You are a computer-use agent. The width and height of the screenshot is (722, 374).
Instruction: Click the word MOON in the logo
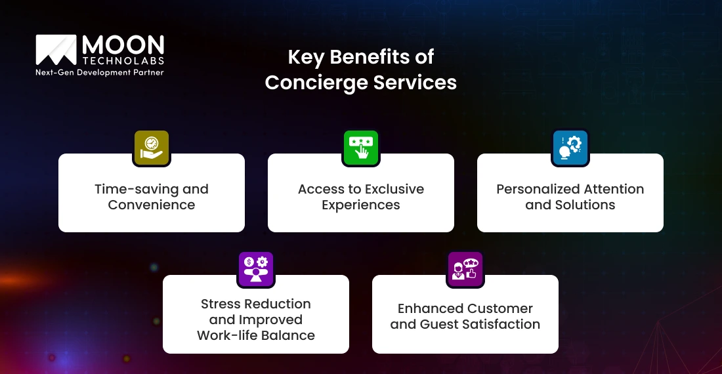(x=123, y=45)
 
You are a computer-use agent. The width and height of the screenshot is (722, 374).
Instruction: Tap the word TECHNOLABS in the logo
(x=123, y=61)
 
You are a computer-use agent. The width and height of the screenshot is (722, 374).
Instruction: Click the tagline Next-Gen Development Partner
(x=99, y=73)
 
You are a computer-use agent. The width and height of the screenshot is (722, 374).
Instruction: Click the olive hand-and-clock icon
(x=152, y=147)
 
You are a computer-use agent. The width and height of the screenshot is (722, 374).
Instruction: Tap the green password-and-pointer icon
(x=361, y=147)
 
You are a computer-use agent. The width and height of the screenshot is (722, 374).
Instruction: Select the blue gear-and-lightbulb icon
(x=570, y=147)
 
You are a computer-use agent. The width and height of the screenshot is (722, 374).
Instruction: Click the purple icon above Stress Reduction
(x=256, y=268)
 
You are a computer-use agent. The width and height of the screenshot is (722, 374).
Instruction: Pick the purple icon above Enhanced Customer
(x=465, y=268)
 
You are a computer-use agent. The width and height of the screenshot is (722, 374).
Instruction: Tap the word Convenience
(x=152, y=205)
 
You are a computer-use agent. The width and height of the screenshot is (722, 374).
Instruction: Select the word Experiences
(x=361, y=205)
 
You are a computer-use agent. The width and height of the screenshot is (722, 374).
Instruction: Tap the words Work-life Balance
(x=256, y=335)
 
